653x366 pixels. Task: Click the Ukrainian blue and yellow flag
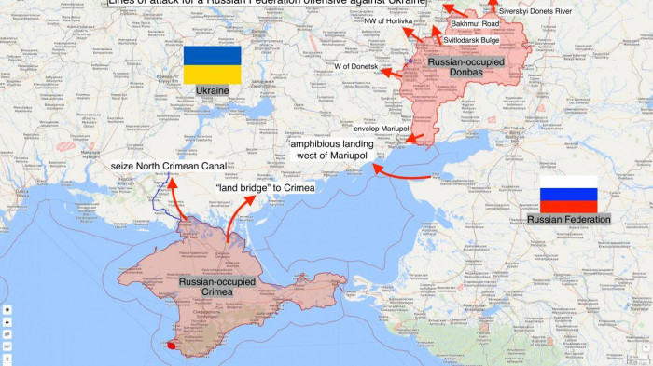tap(212, 64)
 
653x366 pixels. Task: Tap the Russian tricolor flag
tap(568, 194)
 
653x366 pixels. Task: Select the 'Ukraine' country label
tap(212, 90)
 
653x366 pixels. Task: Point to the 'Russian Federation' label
tap(568, 219)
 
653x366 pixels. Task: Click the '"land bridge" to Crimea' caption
tap(265, 187)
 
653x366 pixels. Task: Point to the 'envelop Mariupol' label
tap(382, 128)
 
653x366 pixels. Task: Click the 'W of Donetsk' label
tap(355, 66)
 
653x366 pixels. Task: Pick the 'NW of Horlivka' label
tap(387, 20)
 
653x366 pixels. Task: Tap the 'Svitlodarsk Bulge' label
tap(471, 40)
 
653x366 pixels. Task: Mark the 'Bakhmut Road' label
tap(475, 22)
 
